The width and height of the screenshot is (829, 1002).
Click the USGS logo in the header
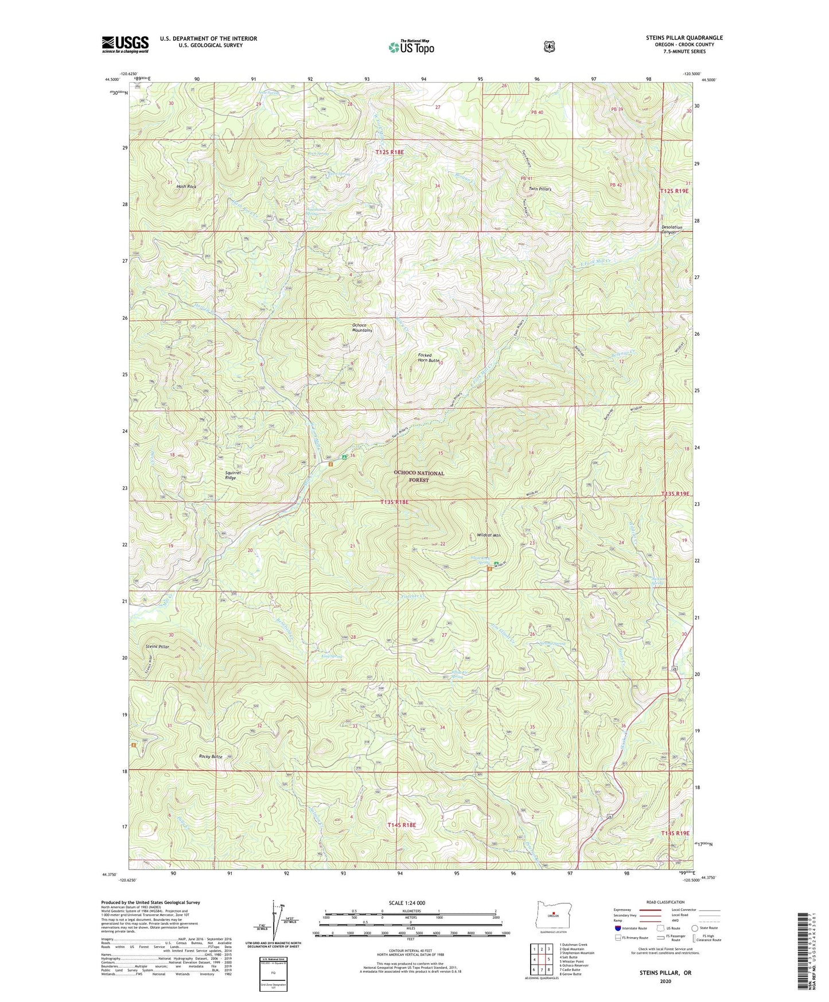pos(125,44)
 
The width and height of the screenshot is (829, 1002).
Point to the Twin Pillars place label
pos(540,189)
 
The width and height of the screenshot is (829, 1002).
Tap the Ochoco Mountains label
pos(362,328)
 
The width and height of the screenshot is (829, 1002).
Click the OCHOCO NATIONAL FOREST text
pos(419,476)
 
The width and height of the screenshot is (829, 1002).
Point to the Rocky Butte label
pos(210,756)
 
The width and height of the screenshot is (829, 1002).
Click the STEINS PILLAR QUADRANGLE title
pos(684,38)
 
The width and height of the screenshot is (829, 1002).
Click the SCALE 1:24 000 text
pos(407,903)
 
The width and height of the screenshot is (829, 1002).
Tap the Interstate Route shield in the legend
pos(617,928)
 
